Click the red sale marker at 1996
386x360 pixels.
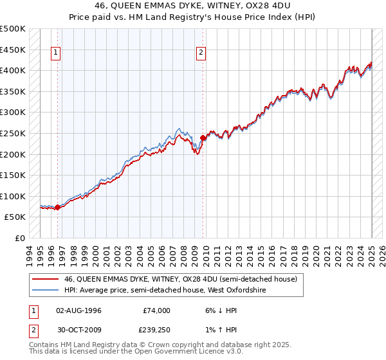[57, 207]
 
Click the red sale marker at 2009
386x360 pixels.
[203, 138]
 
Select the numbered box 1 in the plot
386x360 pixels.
[57, 53]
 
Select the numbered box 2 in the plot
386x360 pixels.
[201, 53]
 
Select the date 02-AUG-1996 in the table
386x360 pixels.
[80, 310]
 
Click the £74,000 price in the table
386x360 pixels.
[157, 310]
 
